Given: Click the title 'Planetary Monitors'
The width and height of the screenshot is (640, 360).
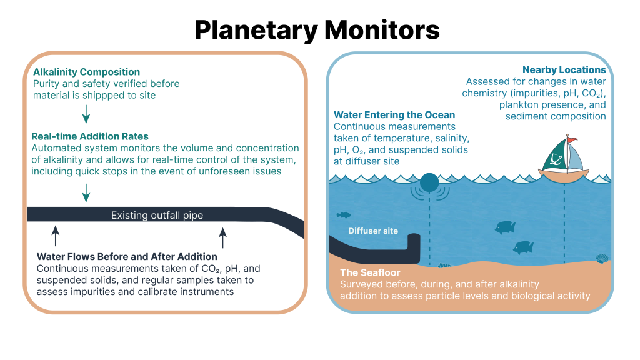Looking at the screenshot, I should [317, 29].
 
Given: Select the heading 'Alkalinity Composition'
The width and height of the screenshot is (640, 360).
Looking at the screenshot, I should [86, 72].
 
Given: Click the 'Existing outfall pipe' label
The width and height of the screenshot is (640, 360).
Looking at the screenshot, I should [157, 216].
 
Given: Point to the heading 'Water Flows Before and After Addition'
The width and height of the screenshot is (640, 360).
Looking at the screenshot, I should [127, 256].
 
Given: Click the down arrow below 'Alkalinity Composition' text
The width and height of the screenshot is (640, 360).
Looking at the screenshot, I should [86, 113].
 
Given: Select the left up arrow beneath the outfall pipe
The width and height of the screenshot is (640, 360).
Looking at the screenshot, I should [55, 236].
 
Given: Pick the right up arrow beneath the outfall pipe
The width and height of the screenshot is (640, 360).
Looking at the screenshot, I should [222, 237].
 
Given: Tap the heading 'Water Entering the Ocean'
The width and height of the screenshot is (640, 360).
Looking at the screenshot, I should [394, 115].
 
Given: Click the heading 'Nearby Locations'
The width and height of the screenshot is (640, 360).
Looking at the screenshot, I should [564, 70].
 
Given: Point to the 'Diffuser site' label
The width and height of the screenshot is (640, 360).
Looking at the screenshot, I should [373, 231].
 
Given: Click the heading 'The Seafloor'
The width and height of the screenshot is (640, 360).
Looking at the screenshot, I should [370, 272].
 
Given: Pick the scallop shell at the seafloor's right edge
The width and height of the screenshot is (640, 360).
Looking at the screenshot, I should [602, 258].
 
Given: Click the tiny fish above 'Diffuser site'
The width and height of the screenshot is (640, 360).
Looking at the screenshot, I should [344, 215].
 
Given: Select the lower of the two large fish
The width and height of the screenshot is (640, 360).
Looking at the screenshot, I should [523, 247].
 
